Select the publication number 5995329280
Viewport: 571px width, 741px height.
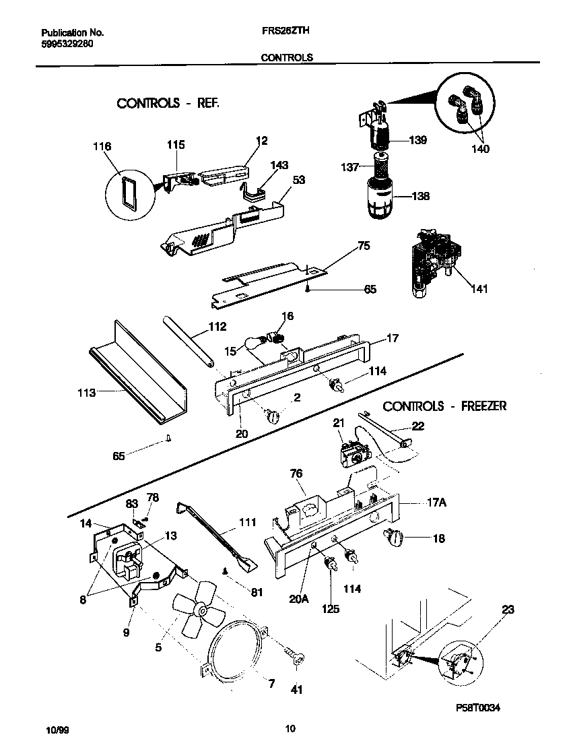(67, 43)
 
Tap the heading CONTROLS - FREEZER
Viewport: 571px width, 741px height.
(444, 406)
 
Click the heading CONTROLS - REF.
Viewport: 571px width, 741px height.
(168, 103)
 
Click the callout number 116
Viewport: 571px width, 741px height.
(103, 146)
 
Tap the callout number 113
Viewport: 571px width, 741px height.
(86, 391)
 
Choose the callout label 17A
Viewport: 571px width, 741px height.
(435, 502)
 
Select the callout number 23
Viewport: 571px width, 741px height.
(508, 610)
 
